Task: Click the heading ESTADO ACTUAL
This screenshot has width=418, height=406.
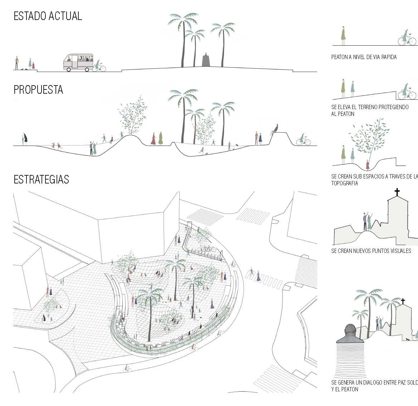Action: pyautogui.click(x=48, y=16)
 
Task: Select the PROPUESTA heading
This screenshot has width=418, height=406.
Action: pyautogui.click(x=38, y=89)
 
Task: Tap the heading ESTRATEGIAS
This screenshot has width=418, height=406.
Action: pyautogui.click(x=41, y=179)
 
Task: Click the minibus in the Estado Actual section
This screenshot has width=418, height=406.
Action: pyautogui.click(x=78, y=62)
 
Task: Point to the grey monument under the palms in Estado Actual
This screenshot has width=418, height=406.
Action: pyautogui.click(x=206, y=60)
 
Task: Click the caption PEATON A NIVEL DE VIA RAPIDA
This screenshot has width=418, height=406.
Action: pyautogui.click(x=364, y=57)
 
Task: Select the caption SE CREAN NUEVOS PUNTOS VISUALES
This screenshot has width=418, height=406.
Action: pyautogui.click(x=371, y=251)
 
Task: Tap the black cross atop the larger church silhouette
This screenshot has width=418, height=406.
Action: pyautogui.click(x=397, y=192)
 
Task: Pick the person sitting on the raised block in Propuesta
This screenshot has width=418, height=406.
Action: pyautogui.click(x=275, y=128)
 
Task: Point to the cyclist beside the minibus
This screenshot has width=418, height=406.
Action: pyautogui.click(x=98, y=66)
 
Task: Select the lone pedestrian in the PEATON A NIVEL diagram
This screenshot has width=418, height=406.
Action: pyautogui.click(x=343, y=35)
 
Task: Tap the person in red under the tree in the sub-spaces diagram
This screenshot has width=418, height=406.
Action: pyautogui.click(x=368, y=165)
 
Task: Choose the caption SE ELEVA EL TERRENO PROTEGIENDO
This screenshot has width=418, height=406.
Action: pyautogui.click(x=370, y=107)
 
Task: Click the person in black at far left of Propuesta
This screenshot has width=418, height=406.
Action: pyautogui.click(x=25, y=139)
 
